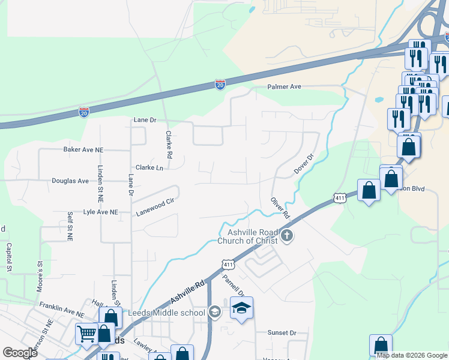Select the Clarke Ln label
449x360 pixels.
[x=149, y=167]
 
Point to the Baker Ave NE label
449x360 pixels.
[x=83, y=149]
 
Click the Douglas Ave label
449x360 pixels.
[x=70, y=181]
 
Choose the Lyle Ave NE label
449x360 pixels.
[x=101, y=212]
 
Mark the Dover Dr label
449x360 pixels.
[x=304, y=164]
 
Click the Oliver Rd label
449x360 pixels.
[x=280, y=208]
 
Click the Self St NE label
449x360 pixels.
[x=70, y=226]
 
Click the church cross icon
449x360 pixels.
[x=287, y=235]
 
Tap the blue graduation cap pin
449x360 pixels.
[x=241, y=308]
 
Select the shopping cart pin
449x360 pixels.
[x=87, y=332]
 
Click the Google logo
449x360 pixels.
[x=20, y=353]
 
